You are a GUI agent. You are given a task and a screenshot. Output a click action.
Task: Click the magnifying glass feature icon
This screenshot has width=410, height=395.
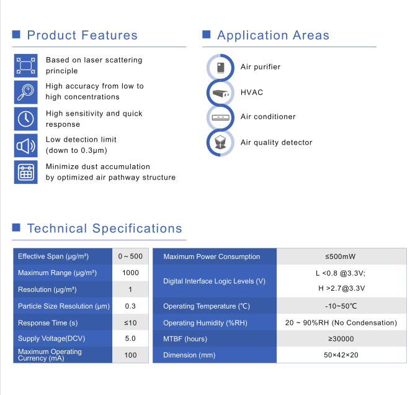25,92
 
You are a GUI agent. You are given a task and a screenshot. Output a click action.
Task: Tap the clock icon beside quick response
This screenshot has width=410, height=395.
25,119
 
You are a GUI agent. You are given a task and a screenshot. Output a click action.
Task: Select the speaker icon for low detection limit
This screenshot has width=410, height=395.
25,145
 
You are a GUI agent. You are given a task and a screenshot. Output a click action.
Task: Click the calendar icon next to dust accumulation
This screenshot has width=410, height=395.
25,172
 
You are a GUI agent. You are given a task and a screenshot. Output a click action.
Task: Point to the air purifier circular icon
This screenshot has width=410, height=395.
220,68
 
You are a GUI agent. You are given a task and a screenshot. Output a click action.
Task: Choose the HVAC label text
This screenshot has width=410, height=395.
252,93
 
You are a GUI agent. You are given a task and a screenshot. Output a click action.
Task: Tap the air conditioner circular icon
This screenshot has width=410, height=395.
220,117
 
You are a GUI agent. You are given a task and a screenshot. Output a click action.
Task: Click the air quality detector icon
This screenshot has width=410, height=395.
220,143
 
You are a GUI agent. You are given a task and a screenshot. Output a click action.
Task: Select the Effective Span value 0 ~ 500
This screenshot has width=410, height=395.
130,257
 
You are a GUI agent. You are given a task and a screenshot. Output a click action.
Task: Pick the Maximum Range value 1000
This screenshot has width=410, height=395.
130,273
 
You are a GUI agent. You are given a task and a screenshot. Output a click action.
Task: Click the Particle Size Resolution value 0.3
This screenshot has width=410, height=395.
130,306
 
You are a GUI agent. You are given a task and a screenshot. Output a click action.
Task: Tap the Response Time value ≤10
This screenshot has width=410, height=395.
130,323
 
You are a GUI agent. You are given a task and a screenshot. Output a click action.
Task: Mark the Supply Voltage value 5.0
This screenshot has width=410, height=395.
130,338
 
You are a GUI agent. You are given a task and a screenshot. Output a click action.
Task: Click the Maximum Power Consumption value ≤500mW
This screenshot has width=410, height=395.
341,257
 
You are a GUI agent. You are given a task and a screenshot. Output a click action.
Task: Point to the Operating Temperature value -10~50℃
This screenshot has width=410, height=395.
341,306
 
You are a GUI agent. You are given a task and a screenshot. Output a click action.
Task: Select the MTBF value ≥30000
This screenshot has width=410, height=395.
341,339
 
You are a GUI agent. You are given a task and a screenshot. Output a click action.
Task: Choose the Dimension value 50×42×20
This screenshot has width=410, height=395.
341,355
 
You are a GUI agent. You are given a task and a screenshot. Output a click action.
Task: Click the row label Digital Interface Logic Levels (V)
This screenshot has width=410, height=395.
214,281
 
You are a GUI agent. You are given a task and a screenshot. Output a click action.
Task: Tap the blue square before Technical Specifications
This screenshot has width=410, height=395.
16,227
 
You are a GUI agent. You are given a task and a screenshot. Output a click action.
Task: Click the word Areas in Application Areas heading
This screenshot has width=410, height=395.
311,35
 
